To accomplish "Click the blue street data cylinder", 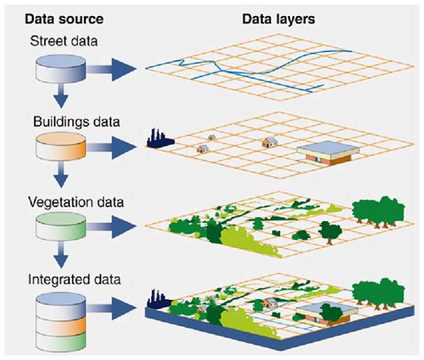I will click(x=59, y=69).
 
